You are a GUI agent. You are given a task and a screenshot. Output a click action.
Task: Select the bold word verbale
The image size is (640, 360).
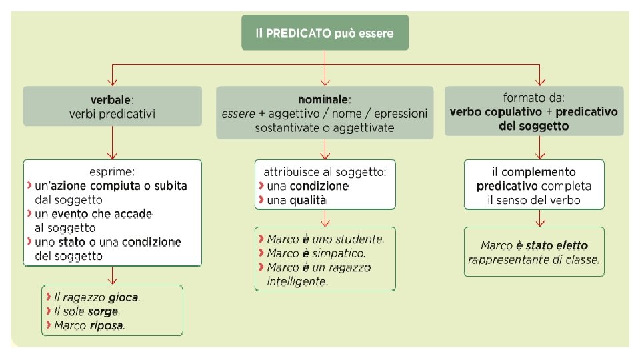coord(111,100)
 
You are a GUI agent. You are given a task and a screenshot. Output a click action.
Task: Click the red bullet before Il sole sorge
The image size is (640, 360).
coord(49,311)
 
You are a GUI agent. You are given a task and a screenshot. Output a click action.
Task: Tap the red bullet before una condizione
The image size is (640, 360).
coord(261,185)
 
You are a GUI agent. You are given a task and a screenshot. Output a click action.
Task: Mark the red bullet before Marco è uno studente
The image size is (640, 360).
coord(261,238)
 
